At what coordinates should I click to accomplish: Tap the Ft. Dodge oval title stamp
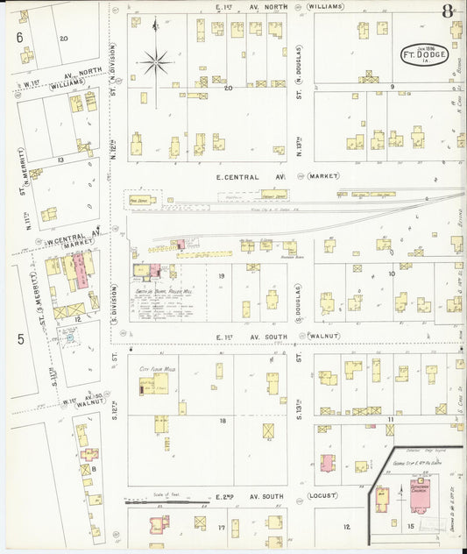[x=425, y=53]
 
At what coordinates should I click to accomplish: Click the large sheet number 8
[x=448, y=11]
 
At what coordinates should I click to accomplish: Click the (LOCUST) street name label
[x=324, y=495]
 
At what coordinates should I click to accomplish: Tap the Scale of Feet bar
[x=166, y=502]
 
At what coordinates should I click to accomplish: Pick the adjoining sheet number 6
[x=19, y=37]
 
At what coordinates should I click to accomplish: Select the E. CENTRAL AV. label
[x=251, y=176]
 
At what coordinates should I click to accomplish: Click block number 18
[x=223, y=422]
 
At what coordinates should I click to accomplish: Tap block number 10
[x=391, y=273]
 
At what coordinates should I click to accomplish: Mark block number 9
[x=393, y=87]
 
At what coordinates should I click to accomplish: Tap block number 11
[x=391, y=421]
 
